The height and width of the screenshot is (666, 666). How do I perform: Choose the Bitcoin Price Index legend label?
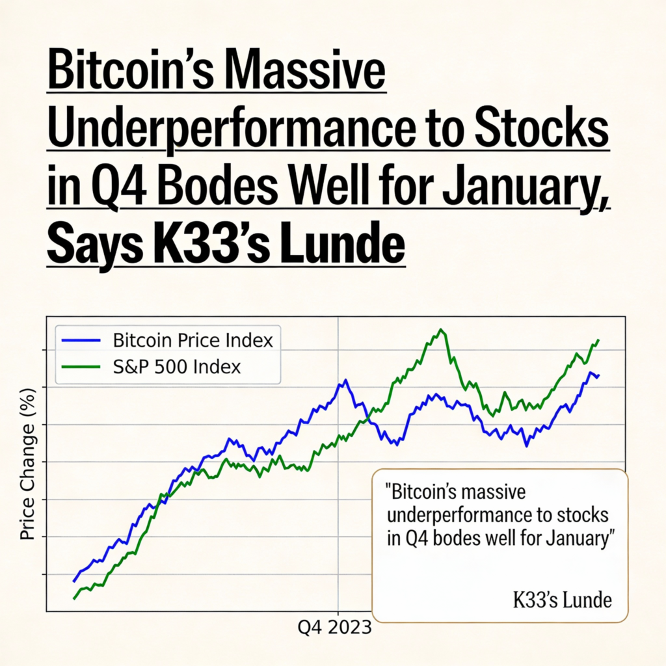[x=193, y=340]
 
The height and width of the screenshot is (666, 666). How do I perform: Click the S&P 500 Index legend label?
[x=176, y=367]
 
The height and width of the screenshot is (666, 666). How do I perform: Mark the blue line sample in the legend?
[x=81, y=340]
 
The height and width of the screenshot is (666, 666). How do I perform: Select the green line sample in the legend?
[x=81, y=367]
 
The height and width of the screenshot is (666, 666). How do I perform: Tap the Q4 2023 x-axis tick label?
[x=335, y=628]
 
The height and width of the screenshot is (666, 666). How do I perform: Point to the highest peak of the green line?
[x=442, y=330]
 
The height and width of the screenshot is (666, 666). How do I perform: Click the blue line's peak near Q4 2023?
[x=345, y=380]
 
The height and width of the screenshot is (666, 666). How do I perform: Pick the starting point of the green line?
[x=74, y=598]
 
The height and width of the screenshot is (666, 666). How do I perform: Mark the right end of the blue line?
[x=598, y=376]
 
